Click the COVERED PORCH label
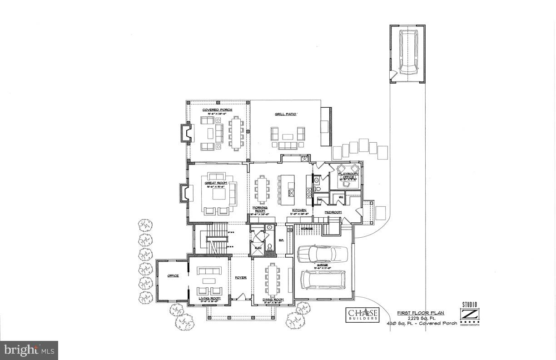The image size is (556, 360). tap(217, 110)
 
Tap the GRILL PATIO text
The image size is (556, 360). tap(285, 115)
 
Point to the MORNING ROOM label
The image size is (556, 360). tap(260, 209)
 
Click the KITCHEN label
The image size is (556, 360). tap(299, 210)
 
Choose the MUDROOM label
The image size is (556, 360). tap(333, 212)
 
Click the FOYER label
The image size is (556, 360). tap(240, 277)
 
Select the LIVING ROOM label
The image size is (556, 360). tap(209, 299)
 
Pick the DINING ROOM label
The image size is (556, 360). tap(273, 300)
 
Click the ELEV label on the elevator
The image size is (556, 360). tap(258, 247)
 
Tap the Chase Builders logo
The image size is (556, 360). tap(362, 315)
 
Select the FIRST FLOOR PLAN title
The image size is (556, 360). tap(421, 313)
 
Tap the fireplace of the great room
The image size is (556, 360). tap(184, 193)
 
